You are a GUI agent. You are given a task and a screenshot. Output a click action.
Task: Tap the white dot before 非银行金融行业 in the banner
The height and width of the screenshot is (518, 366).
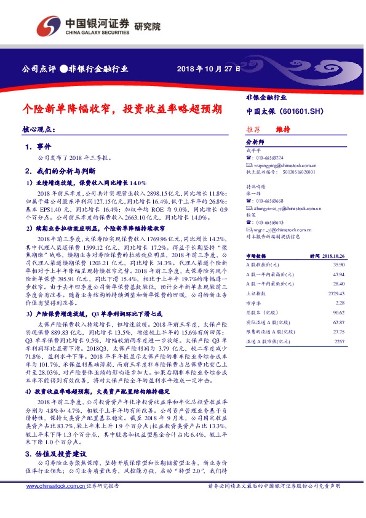[63, 69]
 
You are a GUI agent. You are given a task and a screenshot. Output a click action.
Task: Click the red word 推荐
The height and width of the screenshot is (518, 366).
[253, 129]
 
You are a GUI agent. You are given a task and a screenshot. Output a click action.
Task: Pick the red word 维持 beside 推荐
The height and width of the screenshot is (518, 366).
[283, 129]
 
